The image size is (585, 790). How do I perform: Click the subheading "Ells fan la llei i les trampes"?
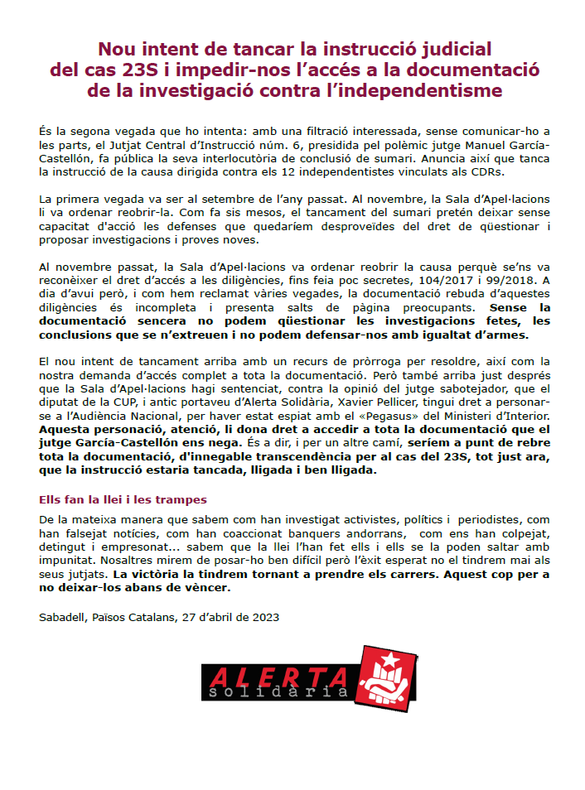123,500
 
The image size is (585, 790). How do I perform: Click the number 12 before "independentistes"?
314,171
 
